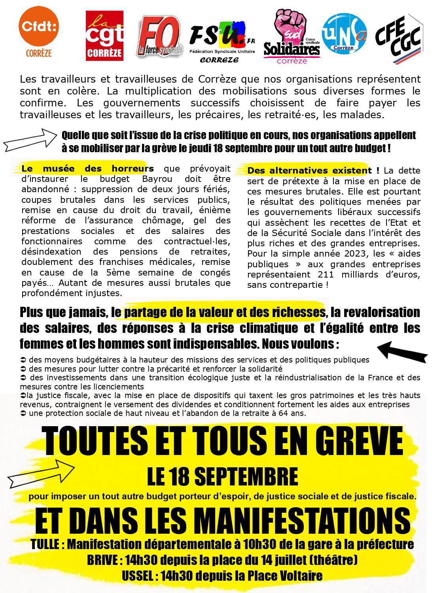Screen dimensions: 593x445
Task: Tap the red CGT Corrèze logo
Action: coord(104,36)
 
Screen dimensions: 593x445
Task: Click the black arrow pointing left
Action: coord(403,350)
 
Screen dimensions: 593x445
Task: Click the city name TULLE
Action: coord(45,545)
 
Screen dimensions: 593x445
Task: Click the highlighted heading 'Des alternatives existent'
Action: coord(309,171)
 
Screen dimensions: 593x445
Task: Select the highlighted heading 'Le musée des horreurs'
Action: coord(87,168)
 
